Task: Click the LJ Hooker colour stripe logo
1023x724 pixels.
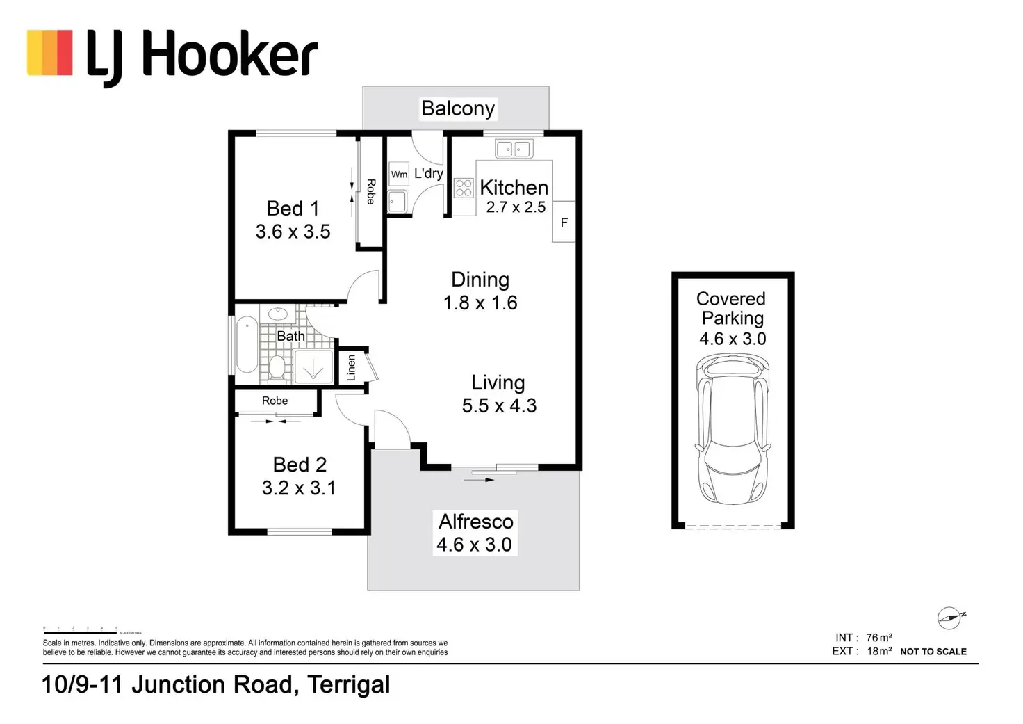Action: pyautogui.click(x=50, y=52)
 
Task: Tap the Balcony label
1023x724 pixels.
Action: pyautogui.click(x=458, y=108)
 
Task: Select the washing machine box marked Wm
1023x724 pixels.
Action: pyautogui.click(x=399, y=174)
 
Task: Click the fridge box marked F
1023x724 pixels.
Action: pyautogui.click(x=564, y=222)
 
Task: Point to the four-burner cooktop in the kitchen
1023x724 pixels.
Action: pyautogui.click(x=464, y=188)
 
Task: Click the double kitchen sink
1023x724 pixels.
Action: pyautogui.click(x=514, y=148)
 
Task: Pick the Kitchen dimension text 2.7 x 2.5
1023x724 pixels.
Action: pyautogui.click(x=516, y=207)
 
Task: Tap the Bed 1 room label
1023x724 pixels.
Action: pyautogui.click(x=293, y=208)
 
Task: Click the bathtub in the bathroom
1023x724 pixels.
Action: pyautogui.click(x=247, y=345)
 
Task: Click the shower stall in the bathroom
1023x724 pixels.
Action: pyautogui.click(x=313, y=367)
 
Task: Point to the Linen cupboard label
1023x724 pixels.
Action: pyautogui.click(x=351, y=367)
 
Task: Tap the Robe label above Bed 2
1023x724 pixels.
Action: pyautogui.click(x=275, y=401)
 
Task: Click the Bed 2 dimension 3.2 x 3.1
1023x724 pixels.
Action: pyautogui.click(x=299, y=488)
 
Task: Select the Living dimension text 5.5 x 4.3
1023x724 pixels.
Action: pyautogui.click(x=499, y=405)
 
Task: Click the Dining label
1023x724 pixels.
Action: pyautogui.click(x=480, y=280)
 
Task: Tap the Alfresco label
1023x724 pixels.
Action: pyautogui.click(x=476, y=522)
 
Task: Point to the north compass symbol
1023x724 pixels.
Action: pyautogui.click(x=950, y=618)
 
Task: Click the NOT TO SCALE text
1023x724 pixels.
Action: pyautogui.click(x=933, y=652)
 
